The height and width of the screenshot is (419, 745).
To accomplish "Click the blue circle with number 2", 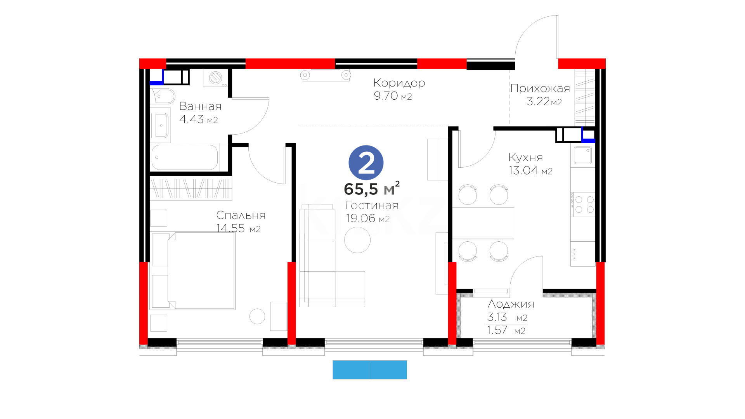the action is (366, 163).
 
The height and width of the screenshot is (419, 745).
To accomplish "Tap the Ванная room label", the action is (200, 106).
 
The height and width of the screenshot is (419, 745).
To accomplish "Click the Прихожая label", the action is (540, 89).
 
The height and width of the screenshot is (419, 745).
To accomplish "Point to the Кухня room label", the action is (526, 158).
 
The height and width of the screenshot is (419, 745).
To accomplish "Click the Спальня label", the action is (241, 215).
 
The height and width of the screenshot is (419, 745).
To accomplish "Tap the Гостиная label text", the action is (372, 206).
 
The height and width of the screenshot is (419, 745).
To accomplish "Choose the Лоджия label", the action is (511, 304).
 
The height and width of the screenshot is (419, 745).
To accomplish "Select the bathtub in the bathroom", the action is (185, 157).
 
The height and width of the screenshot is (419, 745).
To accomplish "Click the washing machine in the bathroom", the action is (215, 78).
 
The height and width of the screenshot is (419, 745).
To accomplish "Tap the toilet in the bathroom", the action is (163, 96).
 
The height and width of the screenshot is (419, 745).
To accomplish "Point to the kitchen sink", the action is (583, 155).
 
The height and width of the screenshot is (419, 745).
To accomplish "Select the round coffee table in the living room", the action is (357, 240).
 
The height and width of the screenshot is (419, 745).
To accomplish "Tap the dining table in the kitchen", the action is (483, 223).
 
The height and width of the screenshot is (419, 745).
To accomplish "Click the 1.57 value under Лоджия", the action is (497, 330).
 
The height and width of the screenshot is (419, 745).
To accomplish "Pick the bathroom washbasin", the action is (160, 125).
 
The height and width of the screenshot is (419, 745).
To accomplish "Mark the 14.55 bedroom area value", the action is (230, 229).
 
